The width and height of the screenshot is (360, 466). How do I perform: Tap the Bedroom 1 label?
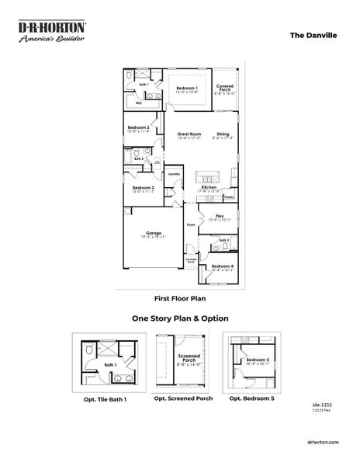(186, 89)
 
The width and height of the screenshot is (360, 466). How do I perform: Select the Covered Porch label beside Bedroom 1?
(225, 88)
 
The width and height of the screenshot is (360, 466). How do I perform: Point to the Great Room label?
(178, 134)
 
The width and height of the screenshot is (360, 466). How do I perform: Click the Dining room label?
(223, 134)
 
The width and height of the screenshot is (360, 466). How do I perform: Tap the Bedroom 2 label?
(144, 188)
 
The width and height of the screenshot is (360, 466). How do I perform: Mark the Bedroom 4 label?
(223, 267)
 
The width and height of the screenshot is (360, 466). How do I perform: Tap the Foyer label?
(190, 225)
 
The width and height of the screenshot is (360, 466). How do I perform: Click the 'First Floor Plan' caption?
(180, 297)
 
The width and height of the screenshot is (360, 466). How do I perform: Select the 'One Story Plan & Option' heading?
(180, 318)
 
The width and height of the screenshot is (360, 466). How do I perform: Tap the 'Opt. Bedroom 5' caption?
(251, 398)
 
